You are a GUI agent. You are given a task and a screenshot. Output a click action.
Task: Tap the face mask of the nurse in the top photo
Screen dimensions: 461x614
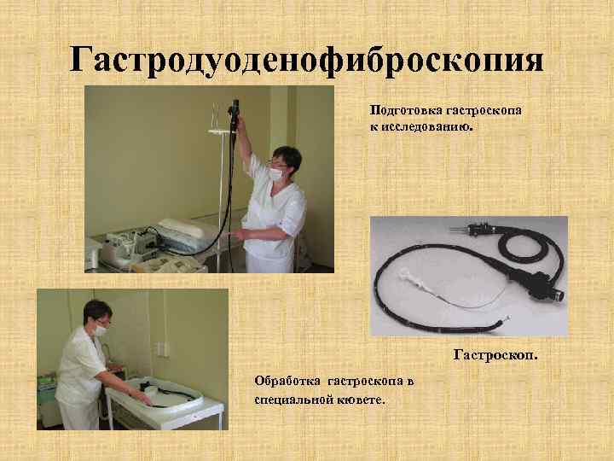pyautogui.click(x=275, y=172)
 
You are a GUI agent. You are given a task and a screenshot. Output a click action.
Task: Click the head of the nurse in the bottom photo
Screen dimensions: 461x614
pyautogui.click(x=93, y=316)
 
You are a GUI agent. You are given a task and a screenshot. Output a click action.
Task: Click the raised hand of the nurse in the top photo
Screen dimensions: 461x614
pyautogui.click(x=240, y=126)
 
